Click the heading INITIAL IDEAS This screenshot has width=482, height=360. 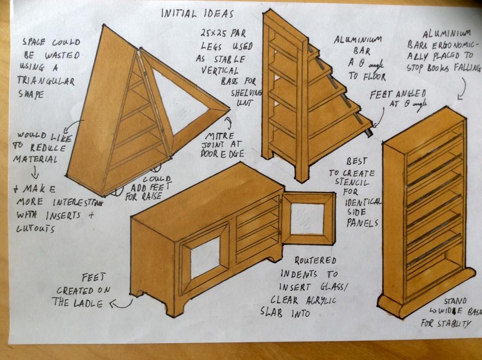[197, 13]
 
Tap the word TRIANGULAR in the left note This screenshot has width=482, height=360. [46, 80]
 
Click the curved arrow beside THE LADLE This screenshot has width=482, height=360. [121, 304]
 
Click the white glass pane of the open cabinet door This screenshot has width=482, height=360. [307, 218]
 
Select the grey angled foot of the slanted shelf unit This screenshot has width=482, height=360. [369, 133]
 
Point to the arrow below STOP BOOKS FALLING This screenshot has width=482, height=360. [462, 88]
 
